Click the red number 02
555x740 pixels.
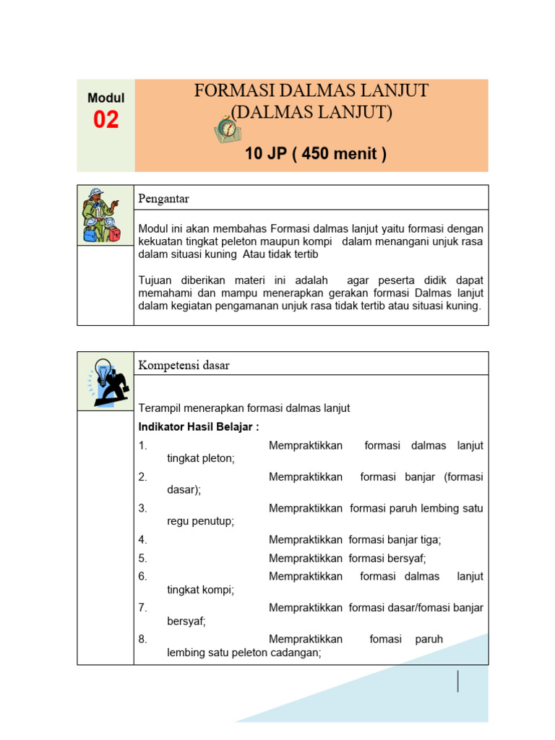tap(106, 120)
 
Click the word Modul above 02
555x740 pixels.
tap(106, 98)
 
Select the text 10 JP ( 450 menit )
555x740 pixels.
tap(315, 154)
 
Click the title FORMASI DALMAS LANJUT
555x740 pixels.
tap(311, 91)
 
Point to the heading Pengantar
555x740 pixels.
tap(164, 199)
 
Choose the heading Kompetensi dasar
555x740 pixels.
tap(184, 366)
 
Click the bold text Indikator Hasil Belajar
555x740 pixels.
tap(198, 427)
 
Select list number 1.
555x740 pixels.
tap(142, 446)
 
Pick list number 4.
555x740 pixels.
tap(142, 540)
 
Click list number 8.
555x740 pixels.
tap(142, 640)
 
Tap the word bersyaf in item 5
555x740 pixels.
tap(407, 559)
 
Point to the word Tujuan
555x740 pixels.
tap(156, 280)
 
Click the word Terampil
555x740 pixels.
tap(159, 408)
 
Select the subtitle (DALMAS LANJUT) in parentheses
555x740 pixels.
tap(311, 113)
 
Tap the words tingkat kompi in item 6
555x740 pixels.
tap(200, 590)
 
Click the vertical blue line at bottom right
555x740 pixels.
tap(458, 681)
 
